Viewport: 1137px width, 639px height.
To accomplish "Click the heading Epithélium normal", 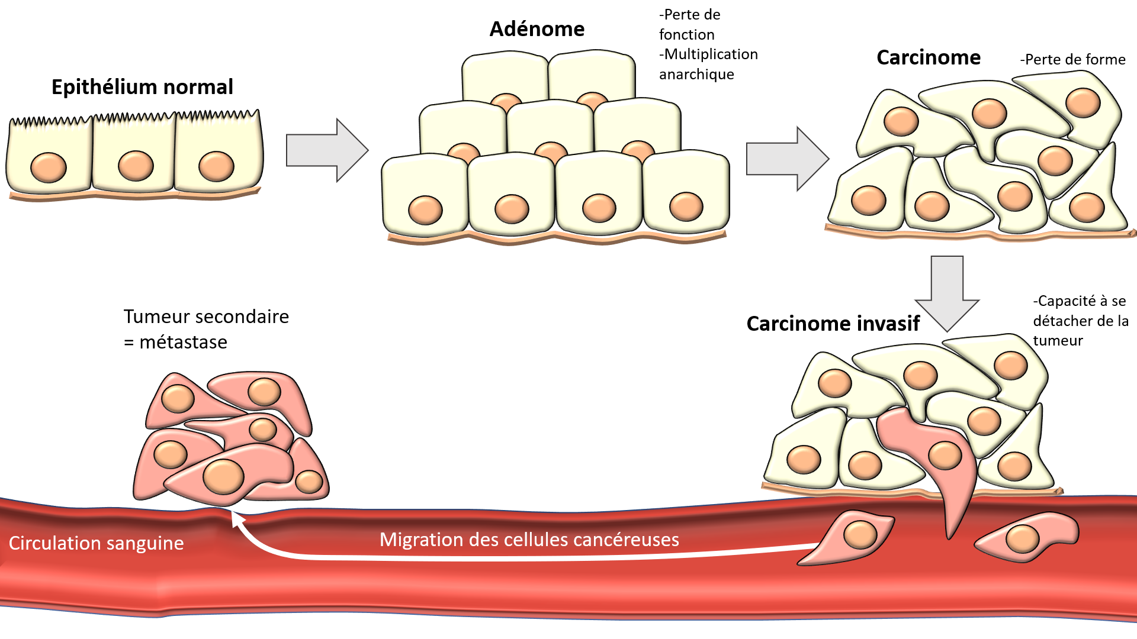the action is click(142, 88).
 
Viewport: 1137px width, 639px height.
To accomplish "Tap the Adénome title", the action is click(537, 29).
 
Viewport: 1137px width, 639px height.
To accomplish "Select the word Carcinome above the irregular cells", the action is click(929, 57).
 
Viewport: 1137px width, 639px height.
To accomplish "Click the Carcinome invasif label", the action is click(833, 324).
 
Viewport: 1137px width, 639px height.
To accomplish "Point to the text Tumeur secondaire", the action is click(206, 317).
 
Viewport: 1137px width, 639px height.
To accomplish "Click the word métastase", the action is click(183, 342).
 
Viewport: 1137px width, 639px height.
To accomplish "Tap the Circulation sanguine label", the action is click(96, 543).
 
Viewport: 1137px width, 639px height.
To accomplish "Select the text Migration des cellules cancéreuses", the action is click(529, 540).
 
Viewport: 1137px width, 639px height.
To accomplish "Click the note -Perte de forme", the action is click(1072, 59).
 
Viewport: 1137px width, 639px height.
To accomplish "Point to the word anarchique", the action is click(696, 75).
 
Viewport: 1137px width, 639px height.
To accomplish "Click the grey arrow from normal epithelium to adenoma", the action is click(327, 150).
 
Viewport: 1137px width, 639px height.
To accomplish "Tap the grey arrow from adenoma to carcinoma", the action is click(788, 159).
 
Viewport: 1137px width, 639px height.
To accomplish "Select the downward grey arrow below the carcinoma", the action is click(947, 293).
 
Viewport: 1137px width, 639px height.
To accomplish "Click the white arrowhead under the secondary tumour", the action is click(237, 519).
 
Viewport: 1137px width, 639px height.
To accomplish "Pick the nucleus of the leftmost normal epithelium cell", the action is click(49, 167).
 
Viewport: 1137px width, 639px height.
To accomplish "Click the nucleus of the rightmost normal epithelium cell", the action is click(216, 166).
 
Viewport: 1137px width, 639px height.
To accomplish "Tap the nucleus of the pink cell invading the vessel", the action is click(945, 456).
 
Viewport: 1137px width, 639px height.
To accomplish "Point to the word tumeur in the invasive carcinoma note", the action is click(1058, 341).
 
